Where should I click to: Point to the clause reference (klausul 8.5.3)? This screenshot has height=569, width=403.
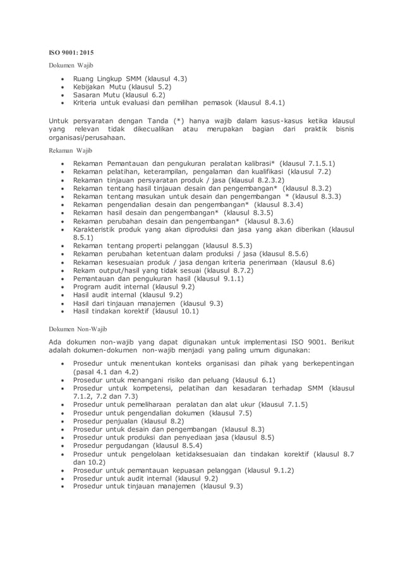pyautogui.click(x=223, y=245)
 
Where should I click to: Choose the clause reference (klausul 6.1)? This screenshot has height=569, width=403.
pyautogui.click(x=255, y=380)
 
